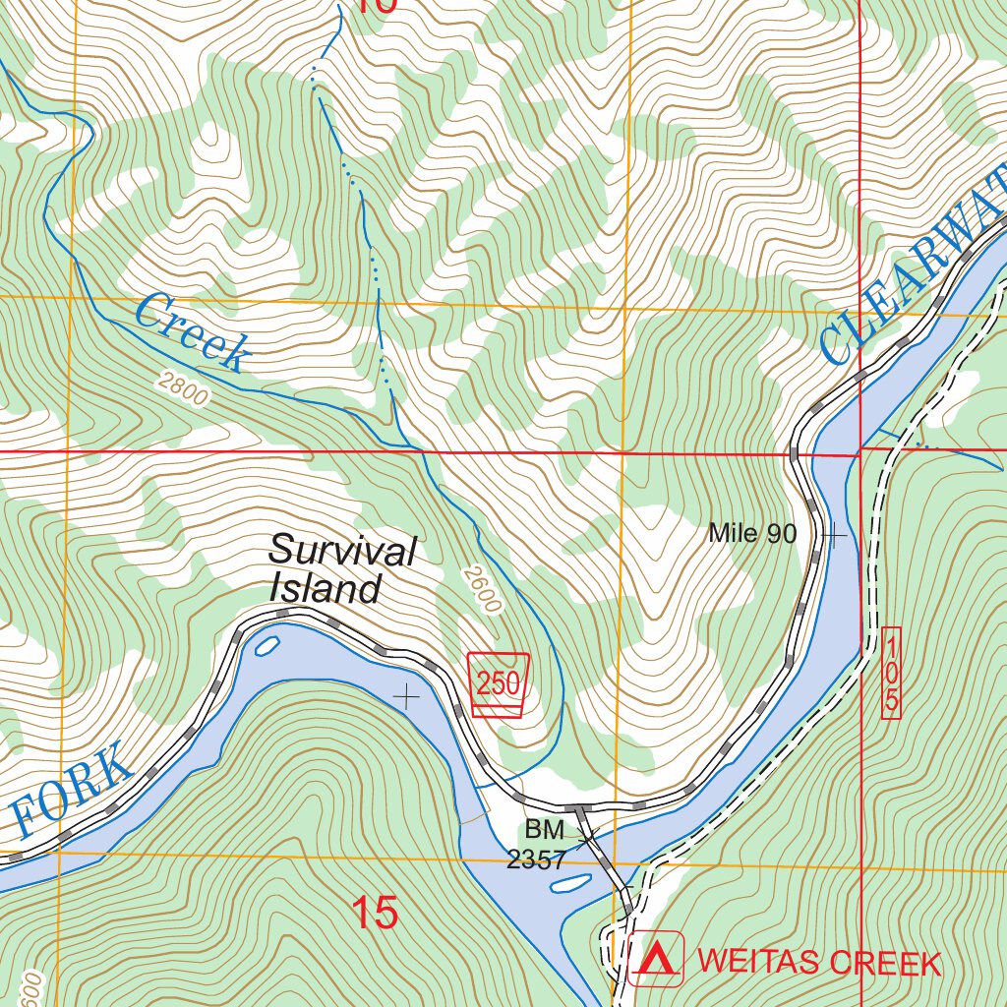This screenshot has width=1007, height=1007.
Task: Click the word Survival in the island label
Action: click(x=342, y=551)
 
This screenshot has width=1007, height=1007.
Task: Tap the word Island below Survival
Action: click(x=325, y=589)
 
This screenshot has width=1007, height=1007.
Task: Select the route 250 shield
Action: click(x=498, y=682)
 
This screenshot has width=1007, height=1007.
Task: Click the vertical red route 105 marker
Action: click(x=891, y=673)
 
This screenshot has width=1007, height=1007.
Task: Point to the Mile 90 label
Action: click(x=751, y=534)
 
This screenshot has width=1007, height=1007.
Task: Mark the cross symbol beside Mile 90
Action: click(x=834, y=536)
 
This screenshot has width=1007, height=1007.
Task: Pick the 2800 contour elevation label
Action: click(x=182, y=389)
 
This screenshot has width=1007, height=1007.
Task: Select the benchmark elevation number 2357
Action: click(x=536, y=860)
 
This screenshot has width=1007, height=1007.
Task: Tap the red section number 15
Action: click(x=375, y=914)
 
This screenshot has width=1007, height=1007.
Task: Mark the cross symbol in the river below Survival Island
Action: click(x=405, y=697)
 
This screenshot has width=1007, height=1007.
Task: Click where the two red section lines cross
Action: click(x=860, y=451)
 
